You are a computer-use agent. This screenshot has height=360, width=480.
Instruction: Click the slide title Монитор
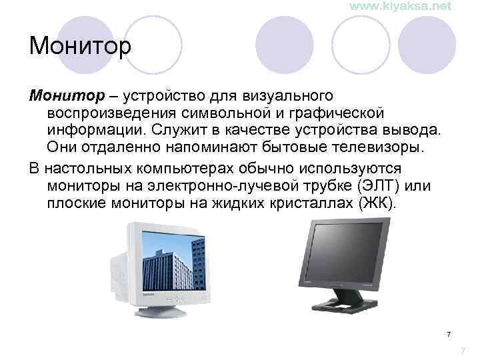[x=81, y=47]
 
